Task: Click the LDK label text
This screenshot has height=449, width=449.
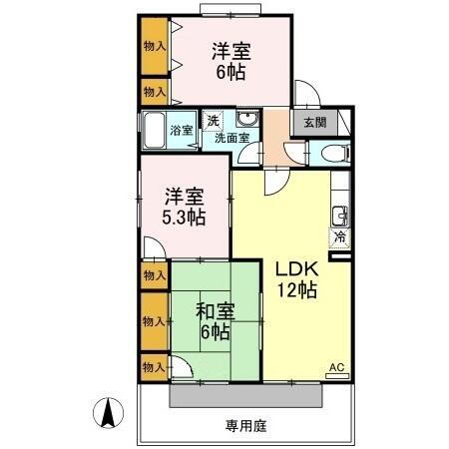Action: point(296,269)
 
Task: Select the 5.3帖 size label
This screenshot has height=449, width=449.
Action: point(185,217)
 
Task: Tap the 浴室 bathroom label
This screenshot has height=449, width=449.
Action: point(181,130)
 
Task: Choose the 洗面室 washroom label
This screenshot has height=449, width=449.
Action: point(231,139)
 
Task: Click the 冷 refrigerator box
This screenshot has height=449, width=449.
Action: point(339,237)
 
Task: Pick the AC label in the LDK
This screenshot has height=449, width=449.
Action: point(336,369)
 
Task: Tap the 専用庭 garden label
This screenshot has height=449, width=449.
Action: point(245,425)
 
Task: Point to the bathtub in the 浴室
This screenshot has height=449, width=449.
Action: point(154,130)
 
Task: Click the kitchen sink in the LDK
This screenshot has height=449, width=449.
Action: point(340,214)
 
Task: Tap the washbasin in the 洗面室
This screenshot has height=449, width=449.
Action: point(248,122)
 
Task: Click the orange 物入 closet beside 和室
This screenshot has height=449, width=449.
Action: point(154,321)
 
